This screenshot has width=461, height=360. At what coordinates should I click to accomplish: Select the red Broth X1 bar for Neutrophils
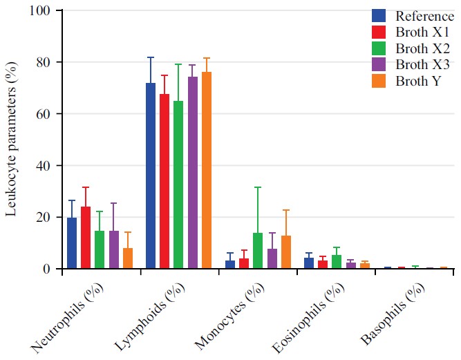86,238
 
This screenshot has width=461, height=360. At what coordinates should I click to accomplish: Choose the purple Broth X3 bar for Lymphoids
192,173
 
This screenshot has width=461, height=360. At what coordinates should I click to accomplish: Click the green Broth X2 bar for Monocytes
258,251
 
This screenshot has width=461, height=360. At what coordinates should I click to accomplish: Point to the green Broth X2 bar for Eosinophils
337,262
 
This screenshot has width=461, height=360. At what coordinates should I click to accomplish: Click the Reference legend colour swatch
379,15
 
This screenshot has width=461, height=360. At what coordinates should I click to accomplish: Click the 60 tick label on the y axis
44,114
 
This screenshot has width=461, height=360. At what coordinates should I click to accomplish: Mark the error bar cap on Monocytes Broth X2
258,187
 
